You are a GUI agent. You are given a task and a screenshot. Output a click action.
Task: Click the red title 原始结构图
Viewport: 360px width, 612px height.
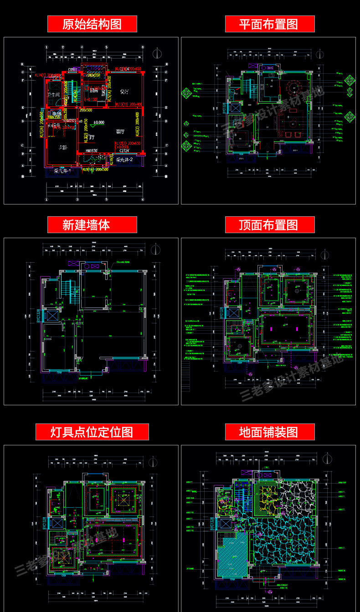pyautogui.click(x=92, y=24)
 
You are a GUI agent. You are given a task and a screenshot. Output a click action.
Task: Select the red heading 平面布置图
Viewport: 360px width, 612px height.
pyautogui.click(x=269, y=24)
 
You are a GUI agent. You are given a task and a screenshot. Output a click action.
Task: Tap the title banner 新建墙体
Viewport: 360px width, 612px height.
pyautogui.click(x=92, y=224)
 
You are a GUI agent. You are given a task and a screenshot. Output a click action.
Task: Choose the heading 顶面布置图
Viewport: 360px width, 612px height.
pyautogui.click(x=269, y=224)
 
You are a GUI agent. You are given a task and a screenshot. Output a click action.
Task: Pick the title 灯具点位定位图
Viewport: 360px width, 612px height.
pyautogui.click(x=92, y=432)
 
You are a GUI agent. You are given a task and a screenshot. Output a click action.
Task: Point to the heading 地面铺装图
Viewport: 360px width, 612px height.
pyautogui.click(x=269, y=432)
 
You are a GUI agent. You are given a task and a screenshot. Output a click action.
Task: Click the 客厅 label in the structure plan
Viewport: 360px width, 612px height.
pyautogui.click(x=120, y=132)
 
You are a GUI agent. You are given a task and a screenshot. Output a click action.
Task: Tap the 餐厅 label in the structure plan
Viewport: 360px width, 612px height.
pyautogui.click(x=124, y=92)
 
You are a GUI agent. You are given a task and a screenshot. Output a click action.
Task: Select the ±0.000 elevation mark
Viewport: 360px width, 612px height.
pyautogui.click(x=98, y=122)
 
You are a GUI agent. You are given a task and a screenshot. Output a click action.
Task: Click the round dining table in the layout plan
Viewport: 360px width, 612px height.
pyautogui.click(x=291, y=86)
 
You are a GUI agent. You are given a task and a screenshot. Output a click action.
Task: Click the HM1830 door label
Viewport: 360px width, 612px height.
pyautogui.click(x=92, y=151)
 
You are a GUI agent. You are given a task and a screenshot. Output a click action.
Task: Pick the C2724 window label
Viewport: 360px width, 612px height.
pyautogui.click(x=124, y=150)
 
